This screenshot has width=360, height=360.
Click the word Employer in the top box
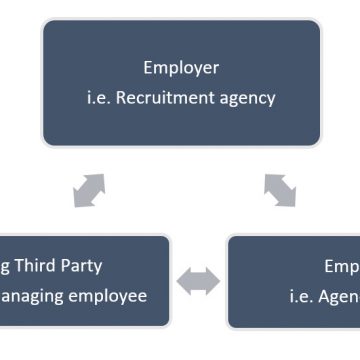click(x=180, y=69)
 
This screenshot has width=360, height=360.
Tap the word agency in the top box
click(x=249, y=99)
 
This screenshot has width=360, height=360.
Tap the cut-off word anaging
click(x=36, y=296)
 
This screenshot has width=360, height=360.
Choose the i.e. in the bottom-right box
click(x=300, y=296)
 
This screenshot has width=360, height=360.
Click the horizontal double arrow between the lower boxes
click(x=198, y=282)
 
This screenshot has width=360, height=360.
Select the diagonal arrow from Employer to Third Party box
click(x=89, y=189)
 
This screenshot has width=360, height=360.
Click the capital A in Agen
click(x=322, y=296)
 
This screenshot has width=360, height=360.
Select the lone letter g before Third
click(x=5, y=268)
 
